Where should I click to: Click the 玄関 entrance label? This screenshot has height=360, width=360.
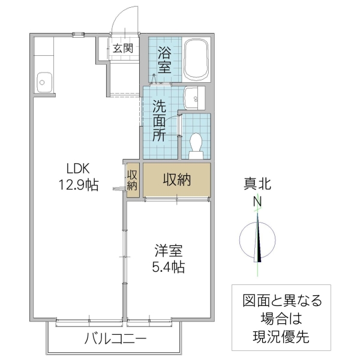click(123, 49)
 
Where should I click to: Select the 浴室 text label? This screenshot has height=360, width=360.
click(164, 59)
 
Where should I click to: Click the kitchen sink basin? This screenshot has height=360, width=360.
click(43, 80)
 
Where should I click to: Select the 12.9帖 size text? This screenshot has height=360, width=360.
click(78, 185)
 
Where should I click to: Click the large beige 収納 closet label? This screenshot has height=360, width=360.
click(177, 179)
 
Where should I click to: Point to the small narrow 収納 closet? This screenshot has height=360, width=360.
click(132, 180)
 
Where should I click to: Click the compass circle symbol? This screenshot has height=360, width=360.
click(257, 240)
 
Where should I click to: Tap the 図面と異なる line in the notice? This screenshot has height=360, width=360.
click(282, 301)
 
